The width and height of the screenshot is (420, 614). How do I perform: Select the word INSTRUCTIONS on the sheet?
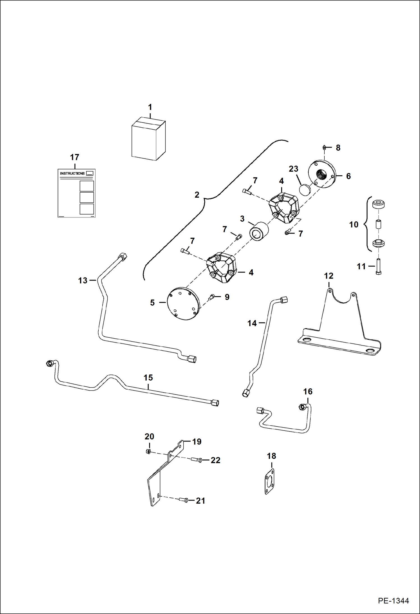click(x=72, y=173)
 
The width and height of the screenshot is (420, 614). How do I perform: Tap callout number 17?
click(x=75, y=157)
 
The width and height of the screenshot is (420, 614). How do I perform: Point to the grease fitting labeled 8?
click(x=324, y=147)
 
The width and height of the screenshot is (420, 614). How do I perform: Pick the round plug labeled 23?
click(x=305, y=190)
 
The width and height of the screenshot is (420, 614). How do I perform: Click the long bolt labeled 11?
click(x=378, y=266)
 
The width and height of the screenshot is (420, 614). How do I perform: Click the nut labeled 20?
click(x=148, y=451)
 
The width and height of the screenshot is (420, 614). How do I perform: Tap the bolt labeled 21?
click(x=183, y=500)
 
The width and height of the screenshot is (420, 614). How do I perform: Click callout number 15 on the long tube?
click(x=148, y=377)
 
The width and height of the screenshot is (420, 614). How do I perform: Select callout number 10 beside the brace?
click(x=354, y=225)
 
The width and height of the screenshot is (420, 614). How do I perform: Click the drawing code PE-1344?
click(x=393, y=601)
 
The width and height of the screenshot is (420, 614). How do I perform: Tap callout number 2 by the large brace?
click(x=197, y=195)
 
